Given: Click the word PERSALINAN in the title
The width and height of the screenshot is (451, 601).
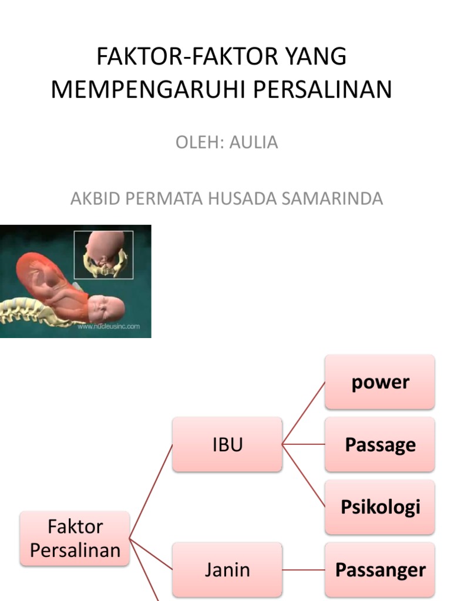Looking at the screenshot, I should (323, 90).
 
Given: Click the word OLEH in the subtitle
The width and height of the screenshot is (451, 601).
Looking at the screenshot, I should (196, 143).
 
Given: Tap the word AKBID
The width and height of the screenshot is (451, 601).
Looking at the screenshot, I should (93, 198).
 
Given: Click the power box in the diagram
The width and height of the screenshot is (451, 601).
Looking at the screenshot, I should (380, 382).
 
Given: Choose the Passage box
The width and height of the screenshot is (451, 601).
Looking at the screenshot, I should (380, 444).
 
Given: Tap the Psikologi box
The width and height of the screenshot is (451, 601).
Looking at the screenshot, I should (380, 507).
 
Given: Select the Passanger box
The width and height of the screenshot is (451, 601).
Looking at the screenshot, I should (380, 569).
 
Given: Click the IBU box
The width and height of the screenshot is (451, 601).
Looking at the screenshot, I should (227, 444).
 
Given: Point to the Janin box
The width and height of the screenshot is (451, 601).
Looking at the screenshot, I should (227, 569).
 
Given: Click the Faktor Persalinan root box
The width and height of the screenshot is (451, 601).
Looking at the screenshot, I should (75, 538).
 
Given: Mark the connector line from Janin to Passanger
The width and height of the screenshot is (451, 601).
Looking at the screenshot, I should (304, 570).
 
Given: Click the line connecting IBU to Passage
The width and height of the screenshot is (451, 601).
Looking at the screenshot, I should (304, 444).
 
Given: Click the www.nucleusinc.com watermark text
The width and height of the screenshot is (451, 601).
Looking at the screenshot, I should (109, 326).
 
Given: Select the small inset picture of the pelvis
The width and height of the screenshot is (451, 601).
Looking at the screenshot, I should (103, 255).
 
